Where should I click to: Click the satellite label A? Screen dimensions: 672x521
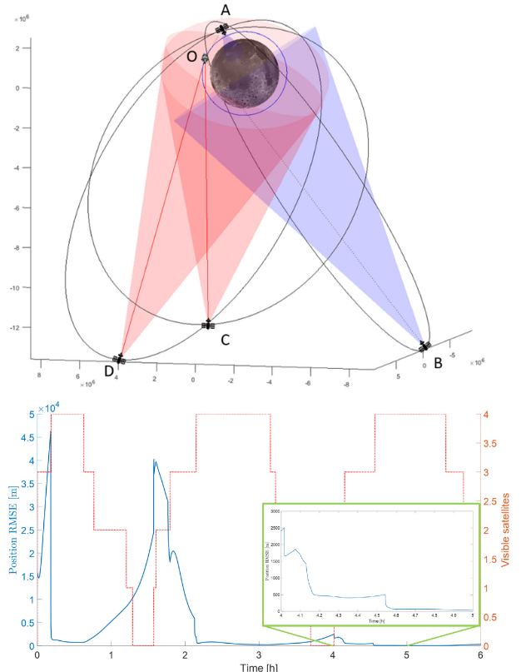click(226, 10)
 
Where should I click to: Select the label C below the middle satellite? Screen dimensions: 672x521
click(225, 339)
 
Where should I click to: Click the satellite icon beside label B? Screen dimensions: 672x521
click(425, 346)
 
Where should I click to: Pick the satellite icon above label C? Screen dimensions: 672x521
click(208, 324)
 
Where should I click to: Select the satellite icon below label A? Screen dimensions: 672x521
click(222, 29)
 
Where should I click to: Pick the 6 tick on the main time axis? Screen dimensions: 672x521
click(480, 655)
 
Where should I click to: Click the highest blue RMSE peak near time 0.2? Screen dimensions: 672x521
click(51, 431)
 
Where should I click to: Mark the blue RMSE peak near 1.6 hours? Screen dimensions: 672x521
click(154, 460)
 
